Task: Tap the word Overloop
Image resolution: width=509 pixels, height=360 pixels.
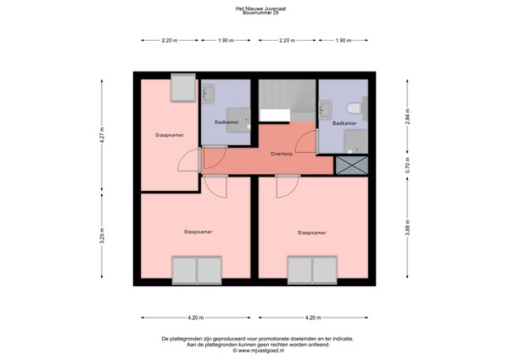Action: click(x=282, y=155)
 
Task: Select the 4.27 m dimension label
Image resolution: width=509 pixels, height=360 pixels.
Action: click(x=102, y=138)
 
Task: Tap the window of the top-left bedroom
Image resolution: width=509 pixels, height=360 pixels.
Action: click(x=182, y=87)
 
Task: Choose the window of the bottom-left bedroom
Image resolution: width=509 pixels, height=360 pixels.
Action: click(x=196, y=272)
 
